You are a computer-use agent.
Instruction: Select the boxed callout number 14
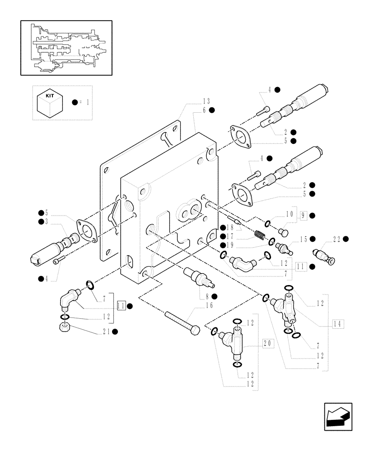339,323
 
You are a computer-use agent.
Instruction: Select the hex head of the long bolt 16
195,331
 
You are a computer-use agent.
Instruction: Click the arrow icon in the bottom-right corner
338,416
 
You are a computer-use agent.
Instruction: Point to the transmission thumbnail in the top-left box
66,47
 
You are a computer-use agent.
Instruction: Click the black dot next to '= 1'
75,102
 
